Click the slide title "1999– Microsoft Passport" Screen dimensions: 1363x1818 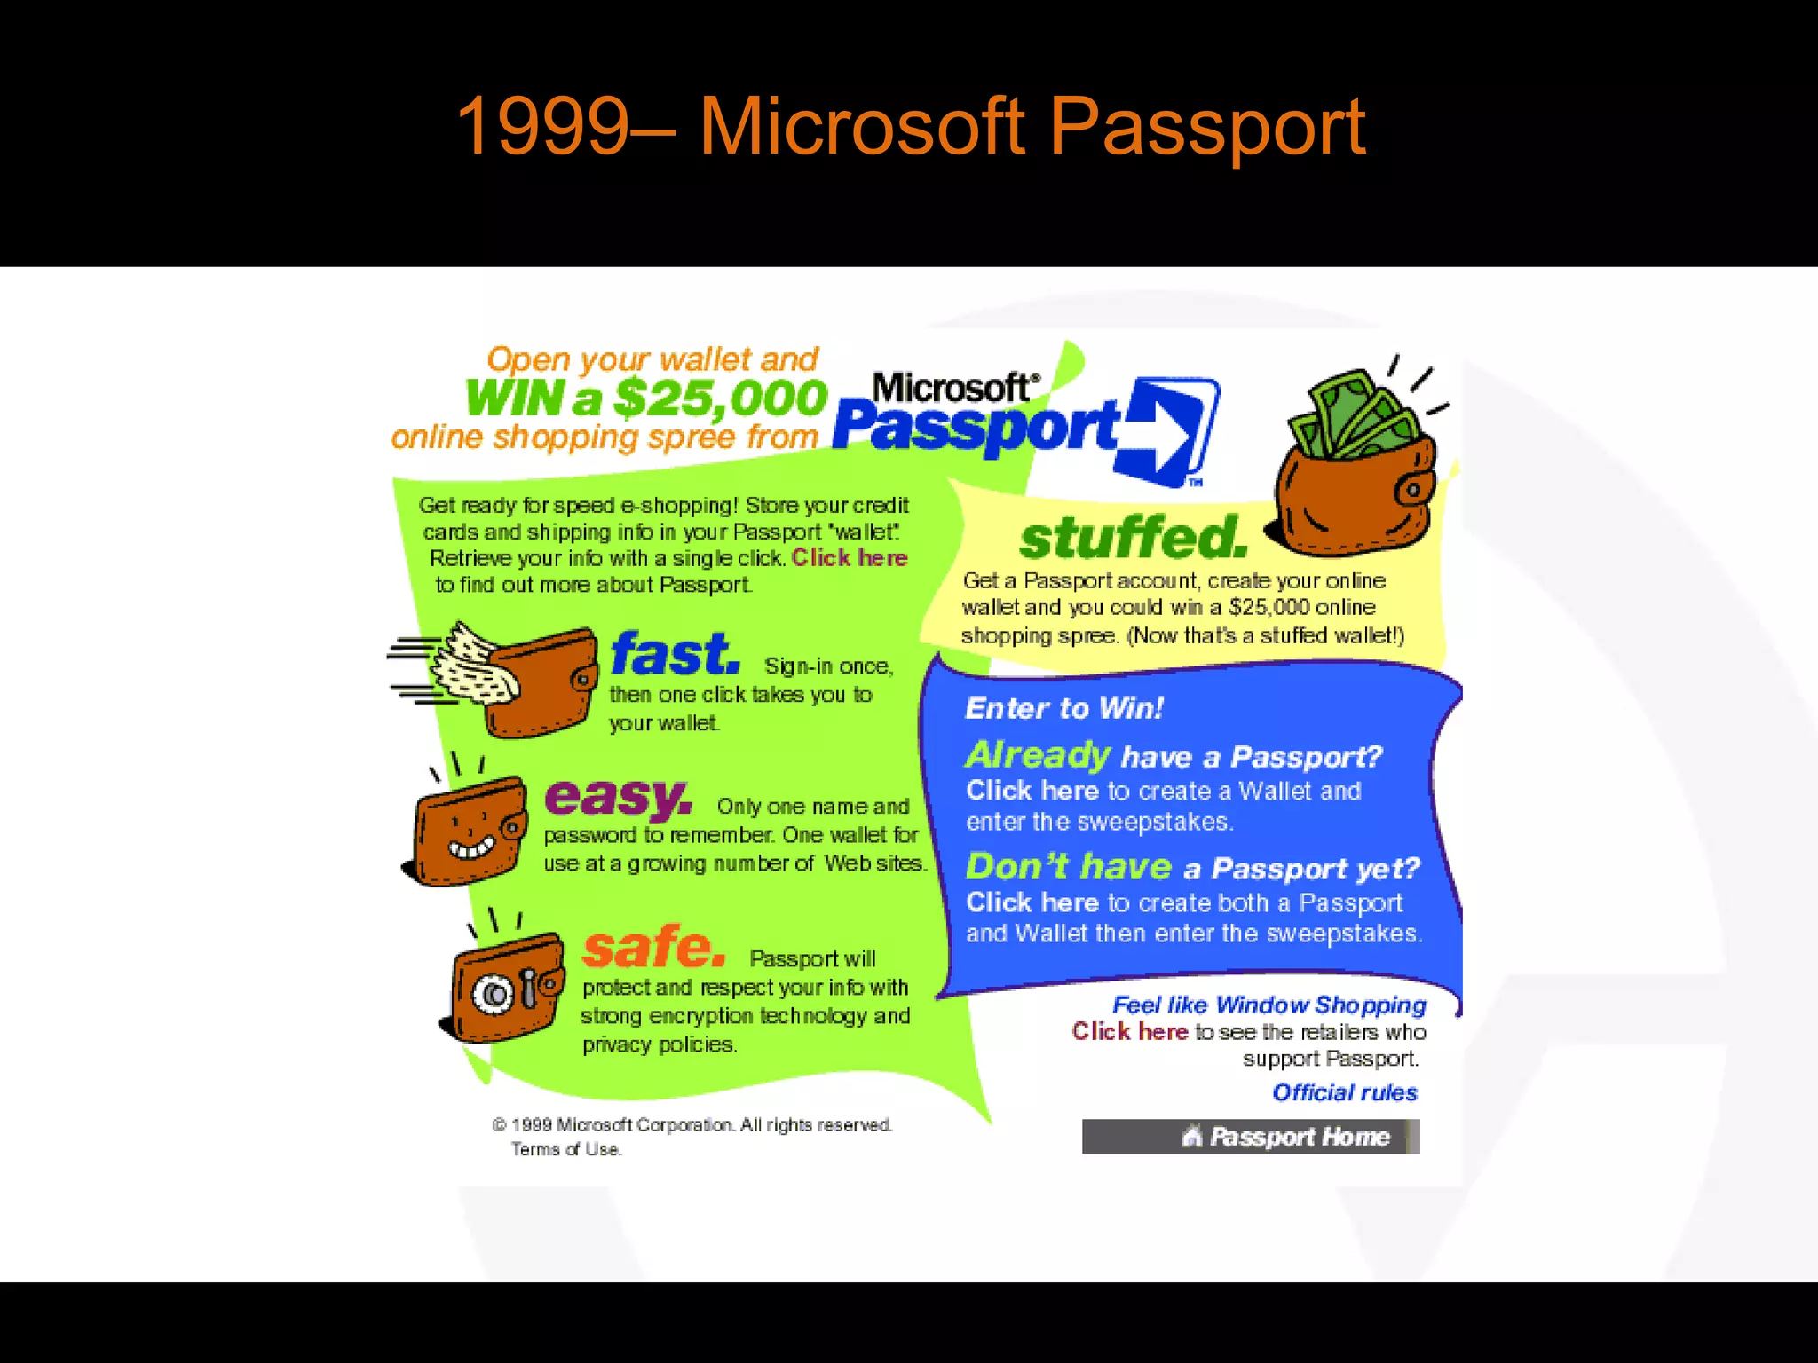[x=910, y=127]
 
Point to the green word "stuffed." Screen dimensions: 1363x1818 [x=1133, y=538]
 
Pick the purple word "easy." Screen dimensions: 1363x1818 [x=618, y=796]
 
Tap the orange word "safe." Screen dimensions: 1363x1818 [x=653, y=947]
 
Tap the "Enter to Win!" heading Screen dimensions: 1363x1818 [x=1063, y=708]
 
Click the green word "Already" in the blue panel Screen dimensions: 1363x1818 [x=1037, y=755]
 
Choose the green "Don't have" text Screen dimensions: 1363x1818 [x=1069, y=867]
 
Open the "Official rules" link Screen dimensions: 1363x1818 [x=1345, y=1092]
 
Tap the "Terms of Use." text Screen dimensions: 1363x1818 [x=565, y=1149]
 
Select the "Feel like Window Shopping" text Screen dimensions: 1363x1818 [x=1269, y=1005]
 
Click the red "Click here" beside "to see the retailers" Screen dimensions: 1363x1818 [x=1129, y=1031]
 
